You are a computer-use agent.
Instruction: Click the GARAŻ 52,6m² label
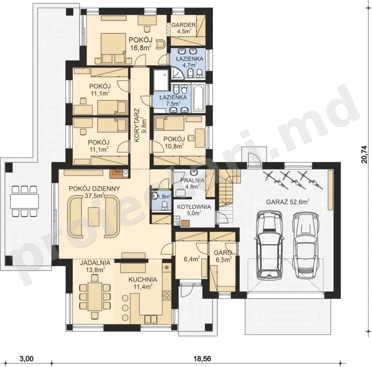287,202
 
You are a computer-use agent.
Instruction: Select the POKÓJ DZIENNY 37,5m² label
94,192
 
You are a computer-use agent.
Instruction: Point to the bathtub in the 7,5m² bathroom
199,98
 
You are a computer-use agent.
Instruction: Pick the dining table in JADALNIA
95,296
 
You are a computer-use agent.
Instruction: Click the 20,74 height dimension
365,154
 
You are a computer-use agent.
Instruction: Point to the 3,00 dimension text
25,358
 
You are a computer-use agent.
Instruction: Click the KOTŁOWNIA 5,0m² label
194,210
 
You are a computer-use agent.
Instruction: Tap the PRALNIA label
193,179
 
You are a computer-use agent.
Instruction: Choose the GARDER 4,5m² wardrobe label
183,28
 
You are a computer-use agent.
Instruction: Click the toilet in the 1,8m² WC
165,205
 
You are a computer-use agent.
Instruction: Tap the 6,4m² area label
192,259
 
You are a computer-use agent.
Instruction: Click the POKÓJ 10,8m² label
174,142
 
